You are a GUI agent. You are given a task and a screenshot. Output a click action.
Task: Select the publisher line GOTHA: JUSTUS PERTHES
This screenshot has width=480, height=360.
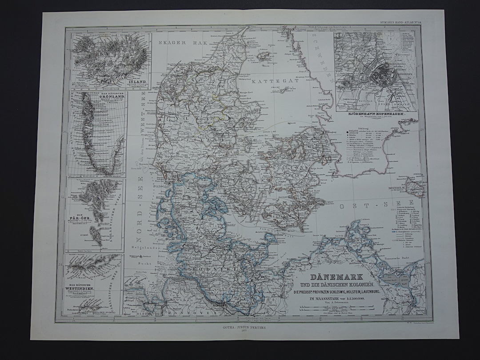click(243, 329)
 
